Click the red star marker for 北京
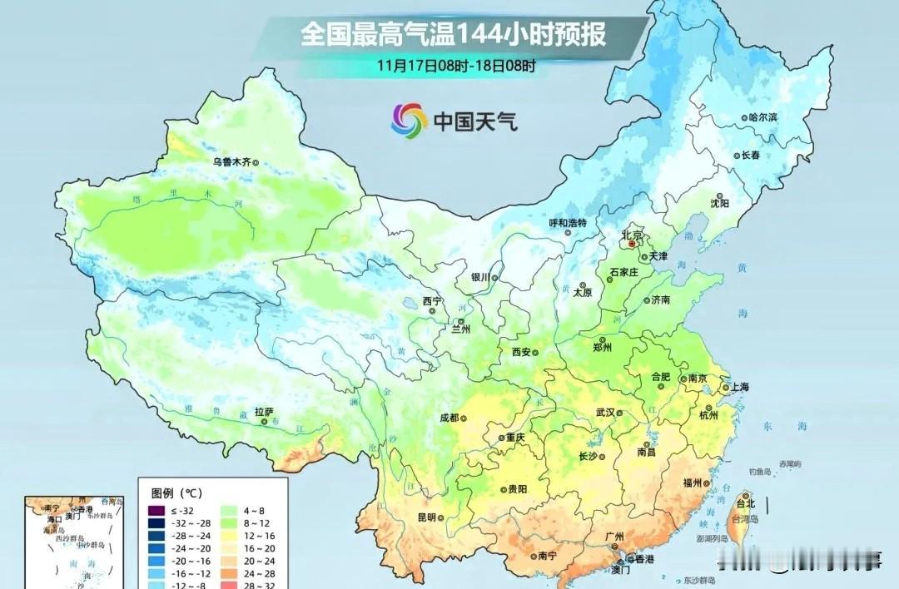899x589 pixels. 632,245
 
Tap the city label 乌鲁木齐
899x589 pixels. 231,162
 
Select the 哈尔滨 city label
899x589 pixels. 762,118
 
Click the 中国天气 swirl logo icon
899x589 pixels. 409,120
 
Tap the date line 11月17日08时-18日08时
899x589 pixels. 455,64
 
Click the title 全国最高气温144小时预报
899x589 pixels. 453,35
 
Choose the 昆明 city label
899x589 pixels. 426,517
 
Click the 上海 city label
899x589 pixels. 738,387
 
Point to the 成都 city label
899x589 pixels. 449,418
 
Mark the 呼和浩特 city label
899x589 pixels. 568,223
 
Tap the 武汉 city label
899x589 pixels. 605,413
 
